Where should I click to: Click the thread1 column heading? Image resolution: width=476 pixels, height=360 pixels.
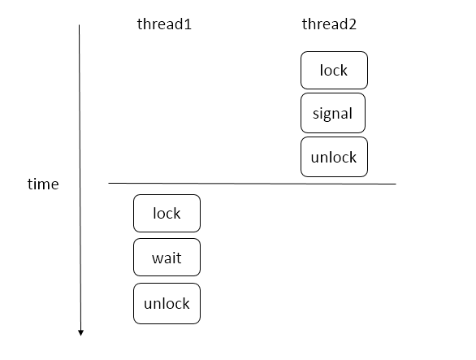coord(164,24)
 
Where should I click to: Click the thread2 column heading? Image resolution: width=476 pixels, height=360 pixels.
coord(329,24)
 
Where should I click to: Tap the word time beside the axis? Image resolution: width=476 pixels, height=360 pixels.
coord(43,184)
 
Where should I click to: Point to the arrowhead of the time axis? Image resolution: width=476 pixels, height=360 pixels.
coord(80,334)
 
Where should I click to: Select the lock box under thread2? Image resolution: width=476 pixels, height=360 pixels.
coord(334,70)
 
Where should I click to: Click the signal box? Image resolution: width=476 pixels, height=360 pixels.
coord(333,113)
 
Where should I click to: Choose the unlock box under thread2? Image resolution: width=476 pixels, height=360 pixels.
coord(334,157)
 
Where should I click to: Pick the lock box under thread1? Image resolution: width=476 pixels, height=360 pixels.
coord(167,213)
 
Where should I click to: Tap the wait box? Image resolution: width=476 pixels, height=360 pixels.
coord(167,258)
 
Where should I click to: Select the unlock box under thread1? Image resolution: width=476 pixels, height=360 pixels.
coord(167,303)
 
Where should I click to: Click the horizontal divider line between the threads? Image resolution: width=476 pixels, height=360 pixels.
coord(252,184)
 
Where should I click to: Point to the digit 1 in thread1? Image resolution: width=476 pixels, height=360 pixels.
coord(188,24)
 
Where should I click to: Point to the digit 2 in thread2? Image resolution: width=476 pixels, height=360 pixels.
coord(353,24)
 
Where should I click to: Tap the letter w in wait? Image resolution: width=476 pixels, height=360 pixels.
coord(158,259)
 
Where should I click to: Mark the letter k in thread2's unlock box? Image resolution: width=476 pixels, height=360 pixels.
coord(353,157)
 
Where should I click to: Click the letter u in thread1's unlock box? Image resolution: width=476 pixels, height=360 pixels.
coord(148,305)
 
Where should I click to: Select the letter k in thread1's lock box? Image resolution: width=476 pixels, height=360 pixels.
coord(177,213)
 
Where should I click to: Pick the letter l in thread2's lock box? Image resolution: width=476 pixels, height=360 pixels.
coord(322,70)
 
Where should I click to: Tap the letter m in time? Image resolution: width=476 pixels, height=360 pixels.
coord(44,185)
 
